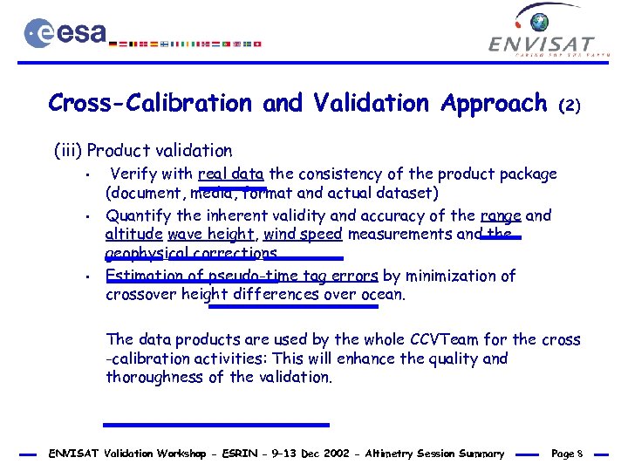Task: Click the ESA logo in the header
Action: click(x=65, y=33)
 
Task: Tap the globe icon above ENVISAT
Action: click(x=540, y=22)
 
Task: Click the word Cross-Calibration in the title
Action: click(x=149, y=103)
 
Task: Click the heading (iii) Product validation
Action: click(x=143, y=151)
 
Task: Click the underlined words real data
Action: click(x=230, y=174)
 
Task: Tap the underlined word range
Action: click(x=502, y=215)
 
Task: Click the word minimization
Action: click(x=455, y=276)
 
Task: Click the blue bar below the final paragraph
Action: click(x=215, y=425)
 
